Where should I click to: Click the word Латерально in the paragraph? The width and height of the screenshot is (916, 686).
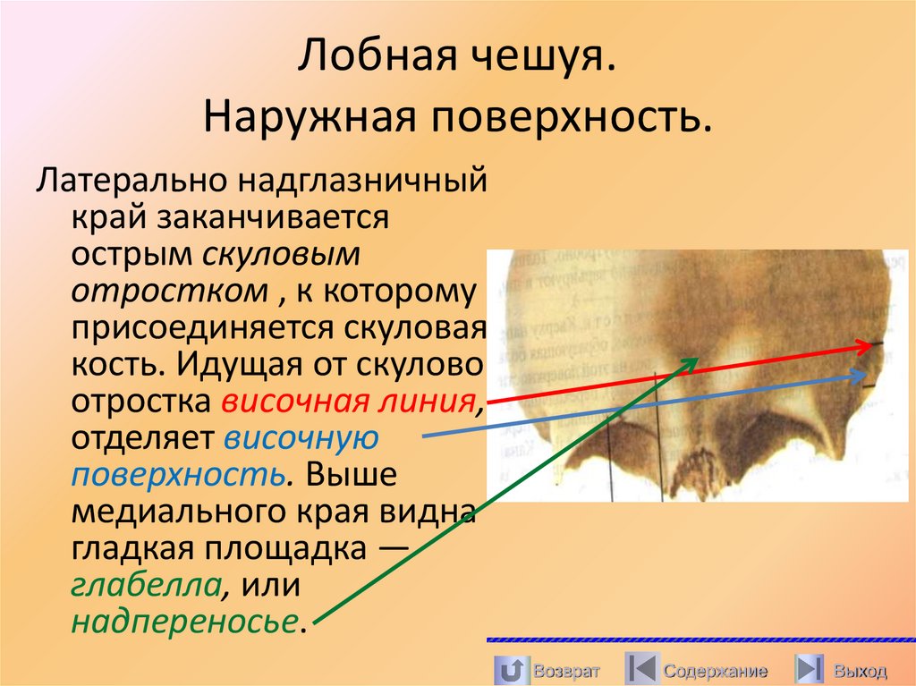tap(129, 182)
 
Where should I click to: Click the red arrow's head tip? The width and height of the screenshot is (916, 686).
tap(880, 343)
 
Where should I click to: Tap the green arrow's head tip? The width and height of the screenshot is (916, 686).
tap(698, 357)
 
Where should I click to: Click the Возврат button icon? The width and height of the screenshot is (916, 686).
tap(511, 670)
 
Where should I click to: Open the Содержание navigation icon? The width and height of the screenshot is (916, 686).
tap(641, 670)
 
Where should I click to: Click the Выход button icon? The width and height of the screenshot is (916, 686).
tap(810, 670)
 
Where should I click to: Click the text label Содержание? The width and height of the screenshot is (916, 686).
tap(716, 671)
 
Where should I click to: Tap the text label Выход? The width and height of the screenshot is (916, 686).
tap(860, 671)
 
